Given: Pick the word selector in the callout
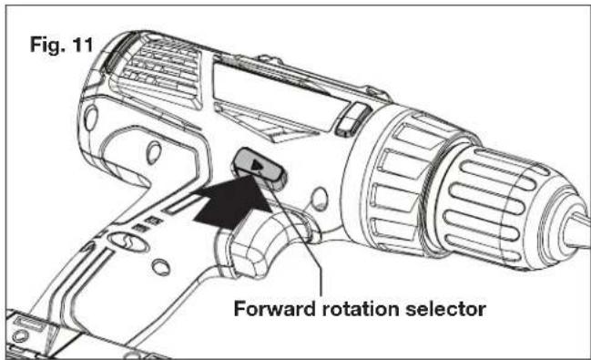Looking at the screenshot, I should click(x=453, y=307).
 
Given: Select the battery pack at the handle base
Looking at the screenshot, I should click(x=55, y=337).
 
